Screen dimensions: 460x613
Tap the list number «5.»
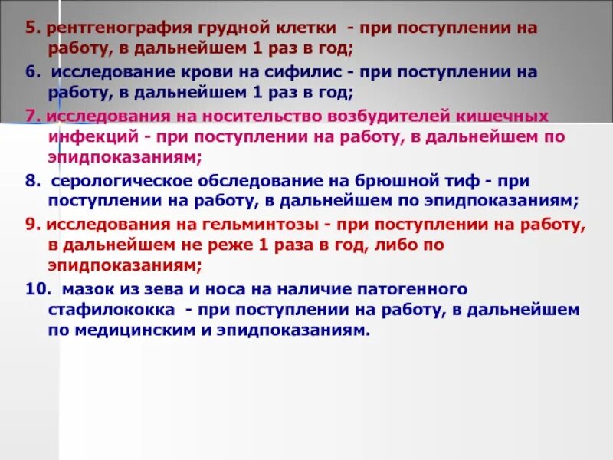[x=31, y=28]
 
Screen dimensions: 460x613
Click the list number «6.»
[x=31, y=72]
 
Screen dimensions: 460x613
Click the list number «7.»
[x=31, y=117]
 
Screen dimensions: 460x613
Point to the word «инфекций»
[x=86, y=137]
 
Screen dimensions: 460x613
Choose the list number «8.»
[x=31, y=181]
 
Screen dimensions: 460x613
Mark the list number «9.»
[x=31, y=225]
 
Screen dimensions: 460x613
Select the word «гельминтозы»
[x=265, y=225]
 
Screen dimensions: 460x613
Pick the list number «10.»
[x=34, y=289]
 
